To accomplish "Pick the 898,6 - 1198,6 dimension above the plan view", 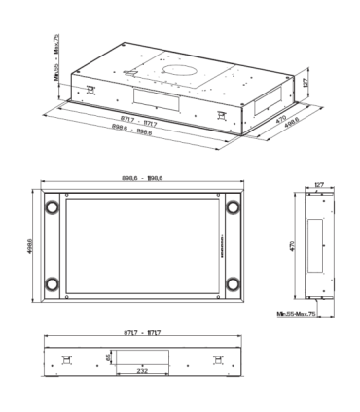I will (x=136, y=178).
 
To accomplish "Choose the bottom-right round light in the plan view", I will (x=233, y=285).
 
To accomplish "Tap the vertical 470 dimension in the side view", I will (x=289, y=246).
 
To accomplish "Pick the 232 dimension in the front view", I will (x=143, y=371).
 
